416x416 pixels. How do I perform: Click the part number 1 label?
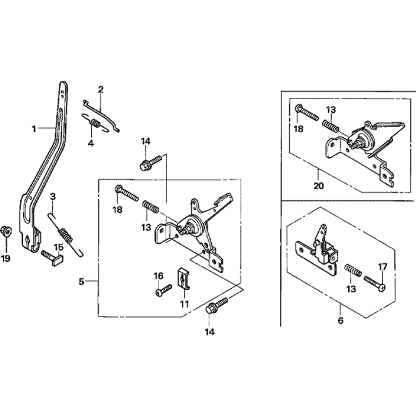(34, 129)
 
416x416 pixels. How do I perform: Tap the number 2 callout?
(101, 89)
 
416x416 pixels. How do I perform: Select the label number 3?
(53, 197)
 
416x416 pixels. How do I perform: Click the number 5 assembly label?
(82, 282)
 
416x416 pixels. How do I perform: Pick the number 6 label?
(341, 320)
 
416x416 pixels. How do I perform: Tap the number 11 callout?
(184, 304)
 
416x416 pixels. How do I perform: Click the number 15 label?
(59, 247)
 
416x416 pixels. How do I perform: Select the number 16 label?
(158, 276)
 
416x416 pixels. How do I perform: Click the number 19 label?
(5, 258)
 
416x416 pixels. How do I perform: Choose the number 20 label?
(319, 186)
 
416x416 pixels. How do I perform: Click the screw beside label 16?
(163, 290)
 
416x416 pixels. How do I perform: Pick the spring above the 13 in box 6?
(353, 270)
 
